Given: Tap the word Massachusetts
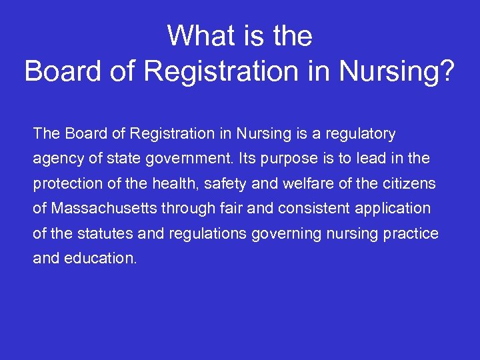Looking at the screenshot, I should [101, 208].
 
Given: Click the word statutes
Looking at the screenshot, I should [99, 233].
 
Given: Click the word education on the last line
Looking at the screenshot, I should [100, 258].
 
